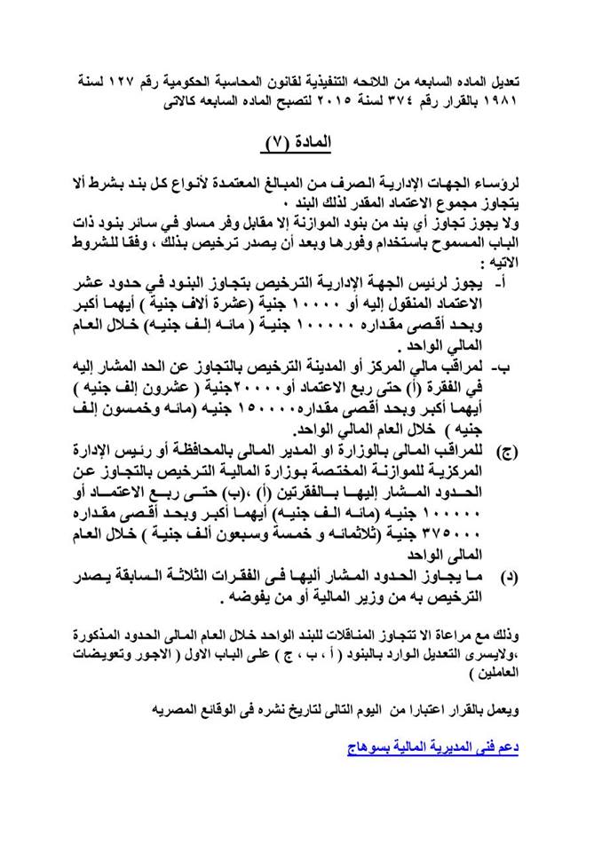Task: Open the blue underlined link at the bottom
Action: [432, 747]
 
